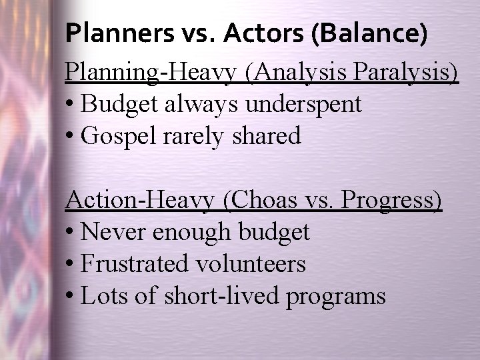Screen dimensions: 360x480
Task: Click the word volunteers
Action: [x=250, y=264]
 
